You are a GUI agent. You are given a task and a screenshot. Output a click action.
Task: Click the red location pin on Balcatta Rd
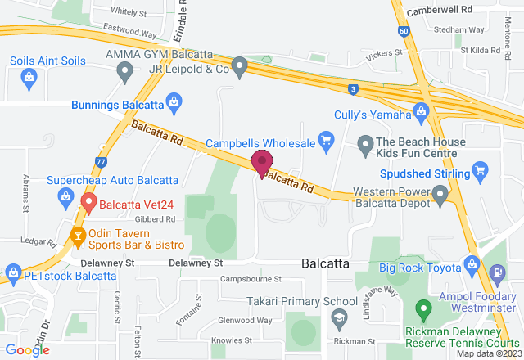[262, 163]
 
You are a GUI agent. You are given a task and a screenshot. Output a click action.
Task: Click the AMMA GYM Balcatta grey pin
[125, 72]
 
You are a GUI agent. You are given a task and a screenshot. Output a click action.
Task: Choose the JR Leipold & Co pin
[239, 68]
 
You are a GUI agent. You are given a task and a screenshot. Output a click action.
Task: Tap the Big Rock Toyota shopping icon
[472, 265]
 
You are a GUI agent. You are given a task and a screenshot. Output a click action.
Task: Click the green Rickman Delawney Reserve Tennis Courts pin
[423, 310]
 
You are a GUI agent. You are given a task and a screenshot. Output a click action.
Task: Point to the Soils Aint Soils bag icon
[29, 78]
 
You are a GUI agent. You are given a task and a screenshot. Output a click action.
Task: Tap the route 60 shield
[404, 31]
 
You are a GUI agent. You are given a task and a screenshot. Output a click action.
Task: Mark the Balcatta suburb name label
[326, 263]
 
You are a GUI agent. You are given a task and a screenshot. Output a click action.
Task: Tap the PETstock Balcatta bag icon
[12, 272]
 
